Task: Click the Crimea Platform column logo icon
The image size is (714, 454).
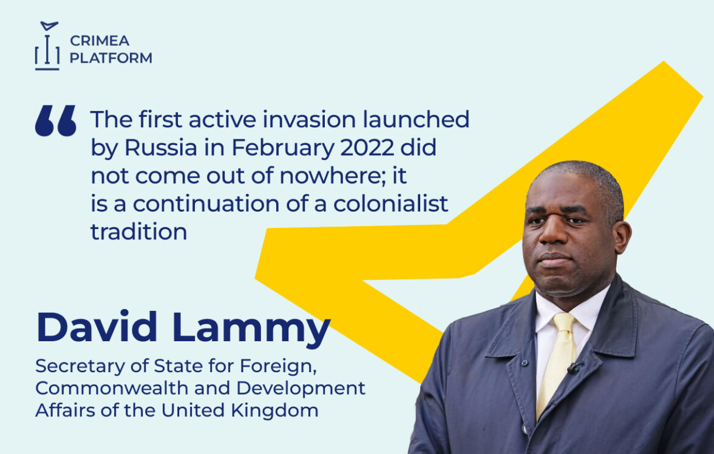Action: tap(47, 45)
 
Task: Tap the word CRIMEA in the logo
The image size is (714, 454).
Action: tap(100, 41)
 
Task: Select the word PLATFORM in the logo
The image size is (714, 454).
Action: tap(110, 58)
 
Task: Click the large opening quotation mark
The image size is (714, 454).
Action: tap(56, 121)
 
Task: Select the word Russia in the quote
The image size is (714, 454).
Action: tap(161, 147)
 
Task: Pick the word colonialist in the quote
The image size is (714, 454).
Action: tap(391, 203)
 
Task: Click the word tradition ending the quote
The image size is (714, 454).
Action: tap(139, 232)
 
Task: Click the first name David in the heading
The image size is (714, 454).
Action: tap(97, 327)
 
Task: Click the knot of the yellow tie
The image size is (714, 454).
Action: tap(564, 322)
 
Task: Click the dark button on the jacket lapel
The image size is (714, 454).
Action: tap(524, 363)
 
